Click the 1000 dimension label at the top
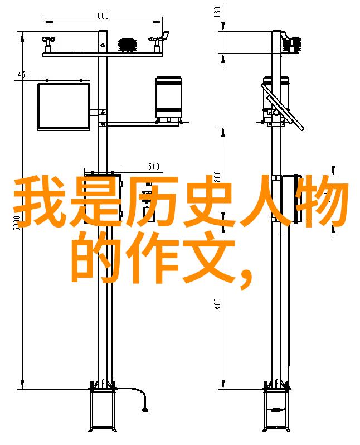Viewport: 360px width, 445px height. pos(101,16)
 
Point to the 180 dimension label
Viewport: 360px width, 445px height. pos(217,12)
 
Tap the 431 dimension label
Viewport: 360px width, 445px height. pos(23,75)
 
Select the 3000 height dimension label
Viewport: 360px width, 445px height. pos(17,223)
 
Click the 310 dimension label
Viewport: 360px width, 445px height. pos(154,167)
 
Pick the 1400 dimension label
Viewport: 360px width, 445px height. pos(217,306)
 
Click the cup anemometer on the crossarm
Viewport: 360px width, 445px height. pos(48,45)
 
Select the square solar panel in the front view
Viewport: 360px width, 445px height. pos(64,107)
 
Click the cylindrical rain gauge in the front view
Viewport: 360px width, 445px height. pos(168,99)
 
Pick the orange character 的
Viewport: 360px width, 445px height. pos(96,257)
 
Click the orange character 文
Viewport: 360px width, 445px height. pos(209,257)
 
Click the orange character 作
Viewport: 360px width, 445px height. pos(153,257)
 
